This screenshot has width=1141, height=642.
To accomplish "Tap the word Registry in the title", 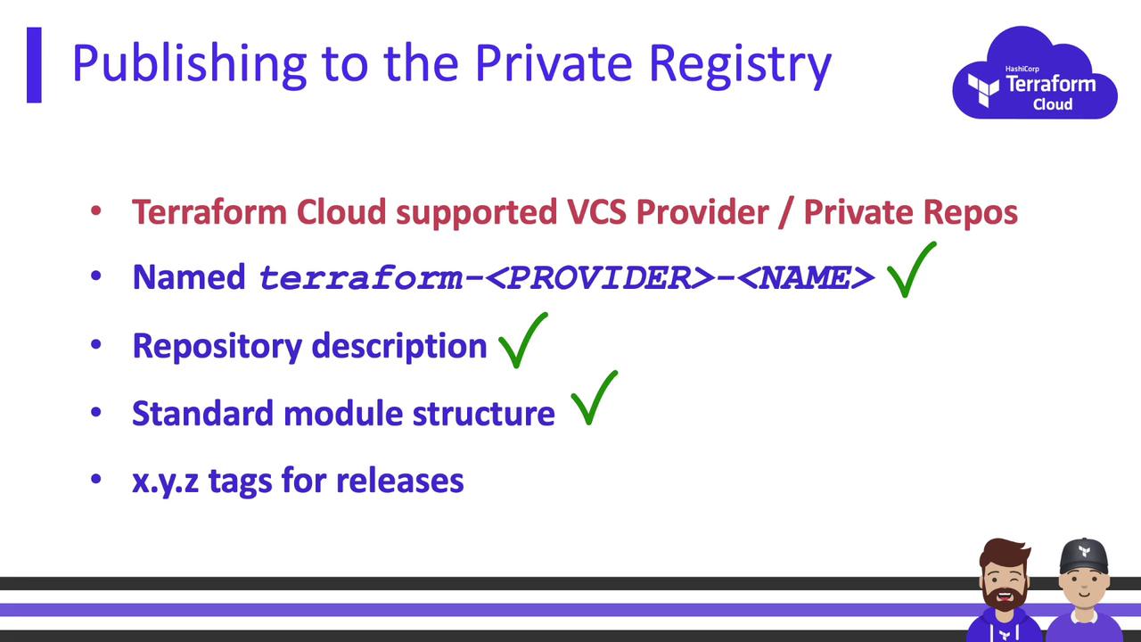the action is pyautogui.click(x=740, y=65).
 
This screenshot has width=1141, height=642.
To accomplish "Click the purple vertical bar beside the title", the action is pyautogui.click(x=34, y=65).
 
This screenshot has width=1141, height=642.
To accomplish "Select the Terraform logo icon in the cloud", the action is pyautogui.click(x=983, y=90).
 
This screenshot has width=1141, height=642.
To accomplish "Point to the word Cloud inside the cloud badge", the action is pyautogui.click(x=1053, y=104).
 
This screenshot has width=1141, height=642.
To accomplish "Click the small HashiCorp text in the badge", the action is pyautogui.click(x=1022, y=69).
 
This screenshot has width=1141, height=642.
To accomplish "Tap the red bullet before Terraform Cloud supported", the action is pyautogui.click(x=95, y=211).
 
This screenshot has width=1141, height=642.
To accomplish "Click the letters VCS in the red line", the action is pyautogui.click(x=596, y=212).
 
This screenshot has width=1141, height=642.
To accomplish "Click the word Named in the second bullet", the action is pyautogui.click(x=189, y=277).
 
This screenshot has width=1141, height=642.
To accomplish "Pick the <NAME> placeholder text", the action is pyautogui.click(x=806, y=278).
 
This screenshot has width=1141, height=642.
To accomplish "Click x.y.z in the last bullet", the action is pyautogui.click(x=166, y=481).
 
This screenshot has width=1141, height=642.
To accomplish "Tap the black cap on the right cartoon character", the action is pyautogui.click(x=1083, y=556).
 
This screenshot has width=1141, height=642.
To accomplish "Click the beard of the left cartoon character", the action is pyautogui.click(x=1004, y=597).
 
